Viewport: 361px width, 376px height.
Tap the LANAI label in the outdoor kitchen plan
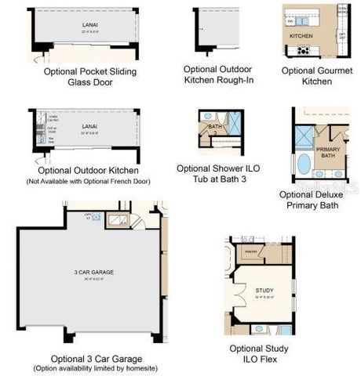pyautogui.click(x=89, y=125)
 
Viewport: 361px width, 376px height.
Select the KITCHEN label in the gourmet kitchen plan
pyautogui.click(x=301, y=36)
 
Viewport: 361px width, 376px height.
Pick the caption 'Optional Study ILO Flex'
pyautogui.click(x=259, y=354)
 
